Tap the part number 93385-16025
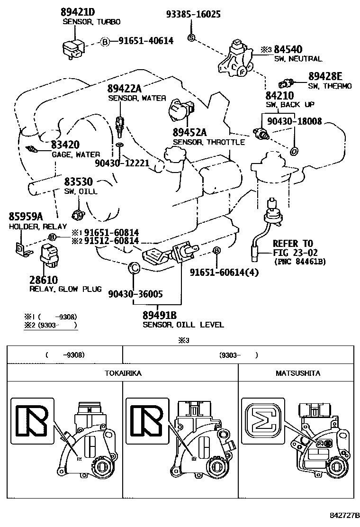[x=193, y=14]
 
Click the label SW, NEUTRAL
[x=298, y=59]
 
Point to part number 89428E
[x=325, y=76]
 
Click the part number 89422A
[x=124, y=89]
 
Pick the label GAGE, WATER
[x=75, y=154]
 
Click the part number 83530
[x=78, y=182]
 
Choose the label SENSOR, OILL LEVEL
[x=183, y=325]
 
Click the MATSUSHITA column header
[x=297, y=373]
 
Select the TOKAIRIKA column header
[x=123, y=373]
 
